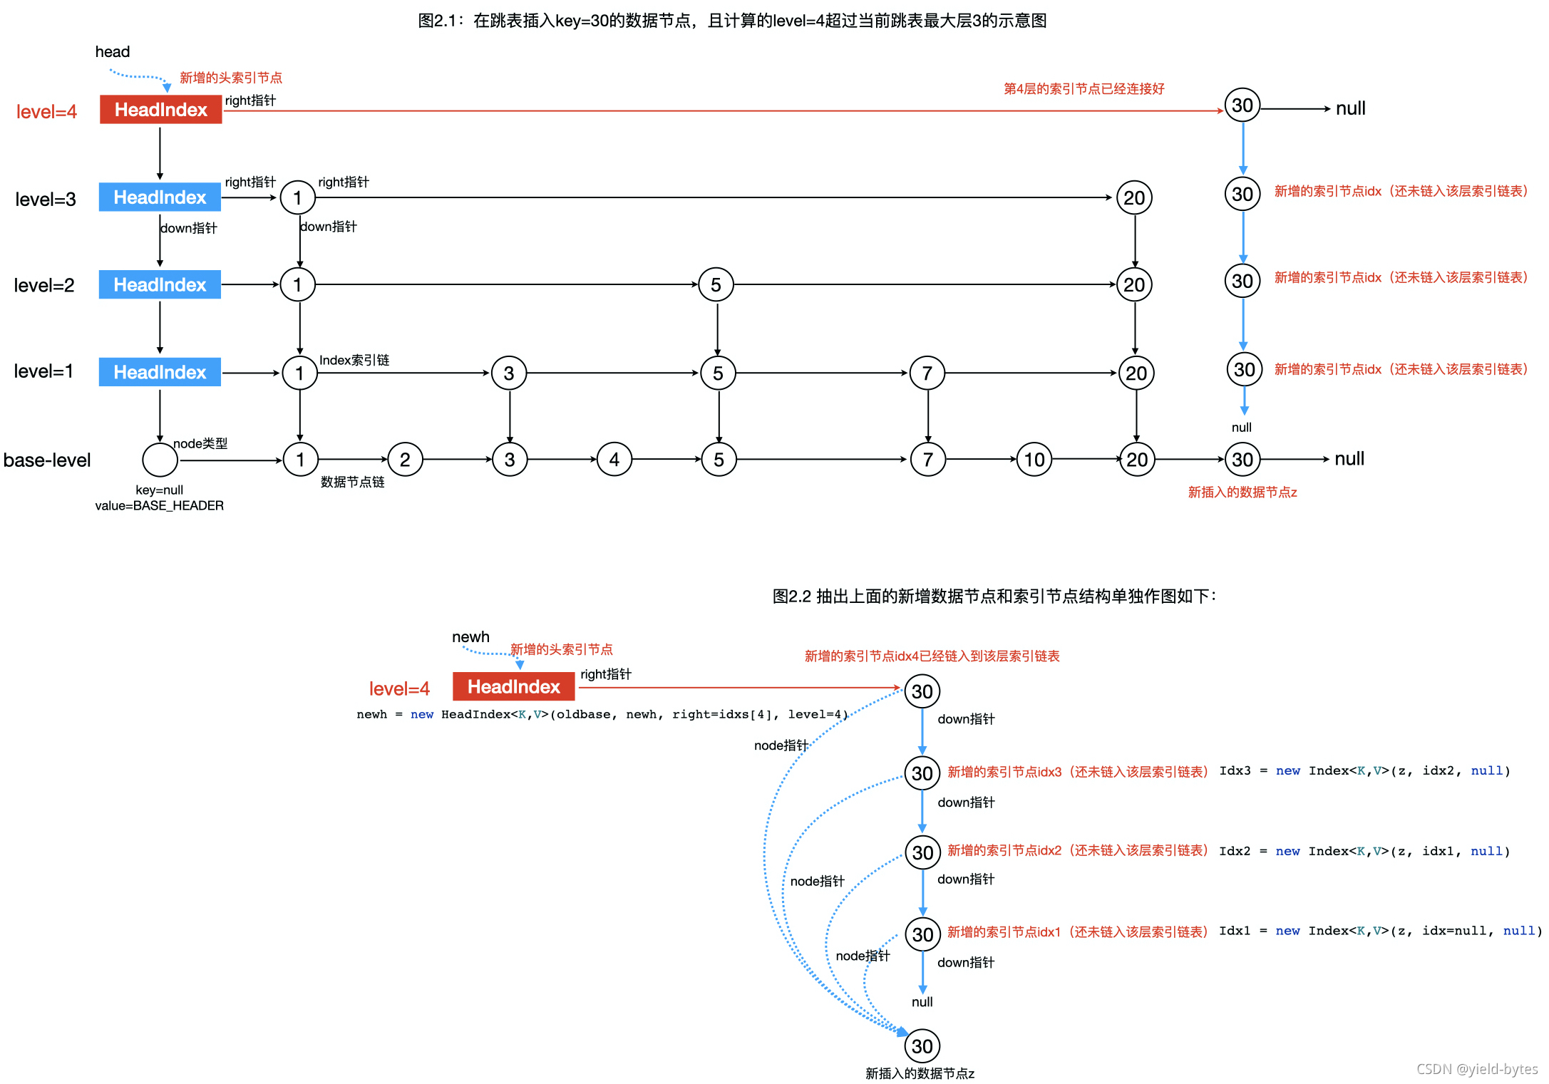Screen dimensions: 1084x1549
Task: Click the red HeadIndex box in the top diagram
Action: pyautogui.click(x=160, y=110)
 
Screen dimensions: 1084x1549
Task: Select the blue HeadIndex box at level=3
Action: pyautogui.click(x=160, y=197)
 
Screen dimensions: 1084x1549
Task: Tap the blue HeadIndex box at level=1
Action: pyautogui.click(x=160, y=372)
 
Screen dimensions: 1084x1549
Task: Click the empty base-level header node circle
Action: pyautogui.click(x=160, y=460)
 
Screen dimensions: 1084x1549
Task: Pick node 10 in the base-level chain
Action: pyautogui.click(x=1034, y=460)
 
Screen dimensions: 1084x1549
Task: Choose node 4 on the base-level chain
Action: pyautogui.click(x=614, y=460)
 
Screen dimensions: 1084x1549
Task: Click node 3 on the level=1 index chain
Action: pyautogui.click(x=509, y=373)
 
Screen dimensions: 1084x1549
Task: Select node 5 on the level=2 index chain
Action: pyautogui.click(x=716, y=285)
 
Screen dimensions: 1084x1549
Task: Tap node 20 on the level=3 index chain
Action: pyautogui.click(x=1134, y=197)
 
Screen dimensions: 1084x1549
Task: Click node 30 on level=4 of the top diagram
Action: pyautogui.click(x=1242, y=106)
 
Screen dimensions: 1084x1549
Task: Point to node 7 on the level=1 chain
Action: pyautogui.click(x=927, y=373)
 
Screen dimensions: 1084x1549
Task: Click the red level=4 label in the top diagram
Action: pyautogui.click(x=46, y=112)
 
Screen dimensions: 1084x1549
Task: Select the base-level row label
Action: pyautogui.click(x=47, y=460)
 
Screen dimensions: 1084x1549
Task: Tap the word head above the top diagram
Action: pyautogui.click(x=113, y=52)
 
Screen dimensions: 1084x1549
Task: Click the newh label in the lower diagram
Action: pyautogui.click(x=470, y=637)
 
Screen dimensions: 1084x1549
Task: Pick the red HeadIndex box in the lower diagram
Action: pyautogui.click(x=513, y=687)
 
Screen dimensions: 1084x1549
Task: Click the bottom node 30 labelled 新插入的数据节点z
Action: pyautogui.click(x=922, y=1046)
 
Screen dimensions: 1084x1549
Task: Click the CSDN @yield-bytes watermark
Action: pyautogui.click(x=1476, y=1069)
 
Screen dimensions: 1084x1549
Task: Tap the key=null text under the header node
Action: pyautogui.click(x=159, y=490)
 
